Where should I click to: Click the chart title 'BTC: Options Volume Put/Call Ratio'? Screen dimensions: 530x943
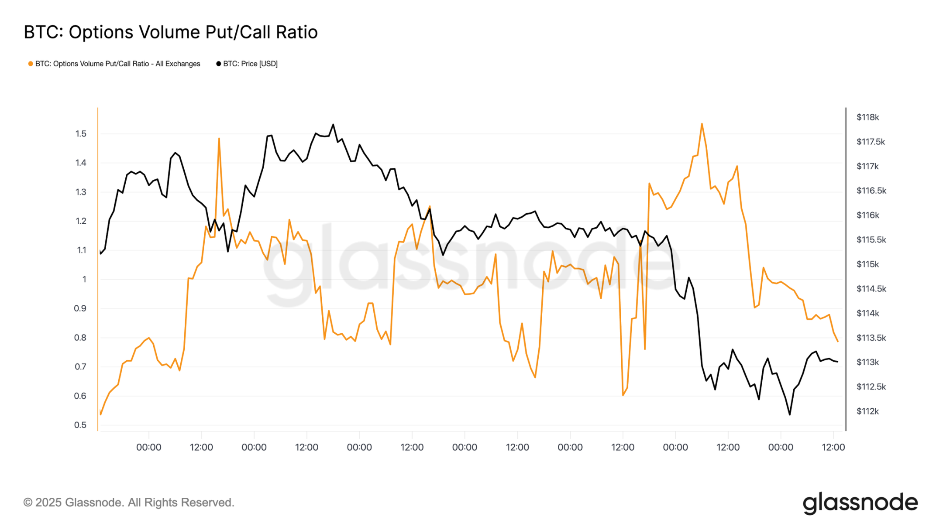[x=170, y=32]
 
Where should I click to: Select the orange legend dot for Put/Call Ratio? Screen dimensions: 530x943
[x=31, y=64]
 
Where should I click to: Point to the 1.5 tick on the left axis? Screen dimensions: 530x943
[x=81, y=133]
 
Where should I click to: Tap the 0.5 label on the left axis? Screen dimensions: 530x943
[x=80, y=425]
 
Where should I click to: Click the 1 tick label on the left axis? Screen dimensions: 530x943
[x=84, y=279]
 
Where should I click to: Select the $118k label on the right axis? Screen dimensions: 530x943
[x=867, y=117]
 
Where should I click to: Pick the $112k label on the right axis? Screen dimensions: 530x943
[x=867, y=411]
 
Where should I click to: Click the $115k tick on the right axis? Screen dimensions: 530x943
[x=867, y=264]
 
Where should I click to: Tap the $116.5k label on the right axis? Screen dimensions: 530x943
[x=871, y=191]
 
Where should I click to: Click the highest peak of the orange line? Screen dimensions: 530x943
[x=702, y=124]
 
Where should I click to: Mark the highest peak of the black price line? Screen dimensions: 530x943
[x=333, y=125]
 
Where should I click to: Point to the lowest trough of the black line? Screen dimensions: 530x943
[x=789, y=414]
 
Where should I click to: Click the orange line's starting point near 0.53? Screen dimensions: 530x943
[x=101, y=414]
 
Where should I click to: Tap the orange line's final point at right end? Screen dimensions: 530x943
[x=837, y=341]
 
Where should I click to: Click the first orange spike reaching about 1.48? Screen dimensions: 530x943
[x=219, y=139]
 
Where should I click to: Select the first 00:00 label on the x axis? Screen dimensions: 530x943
[x=148, y=447]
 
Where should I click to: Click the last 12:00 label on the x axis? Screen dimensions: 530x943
[x=833, y=447]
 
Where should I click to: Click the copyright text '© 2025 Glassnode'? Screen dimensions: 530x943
[x=129, y=503]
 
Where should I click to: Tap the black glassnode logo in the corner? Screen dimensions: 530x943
[x=860, y=503]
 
